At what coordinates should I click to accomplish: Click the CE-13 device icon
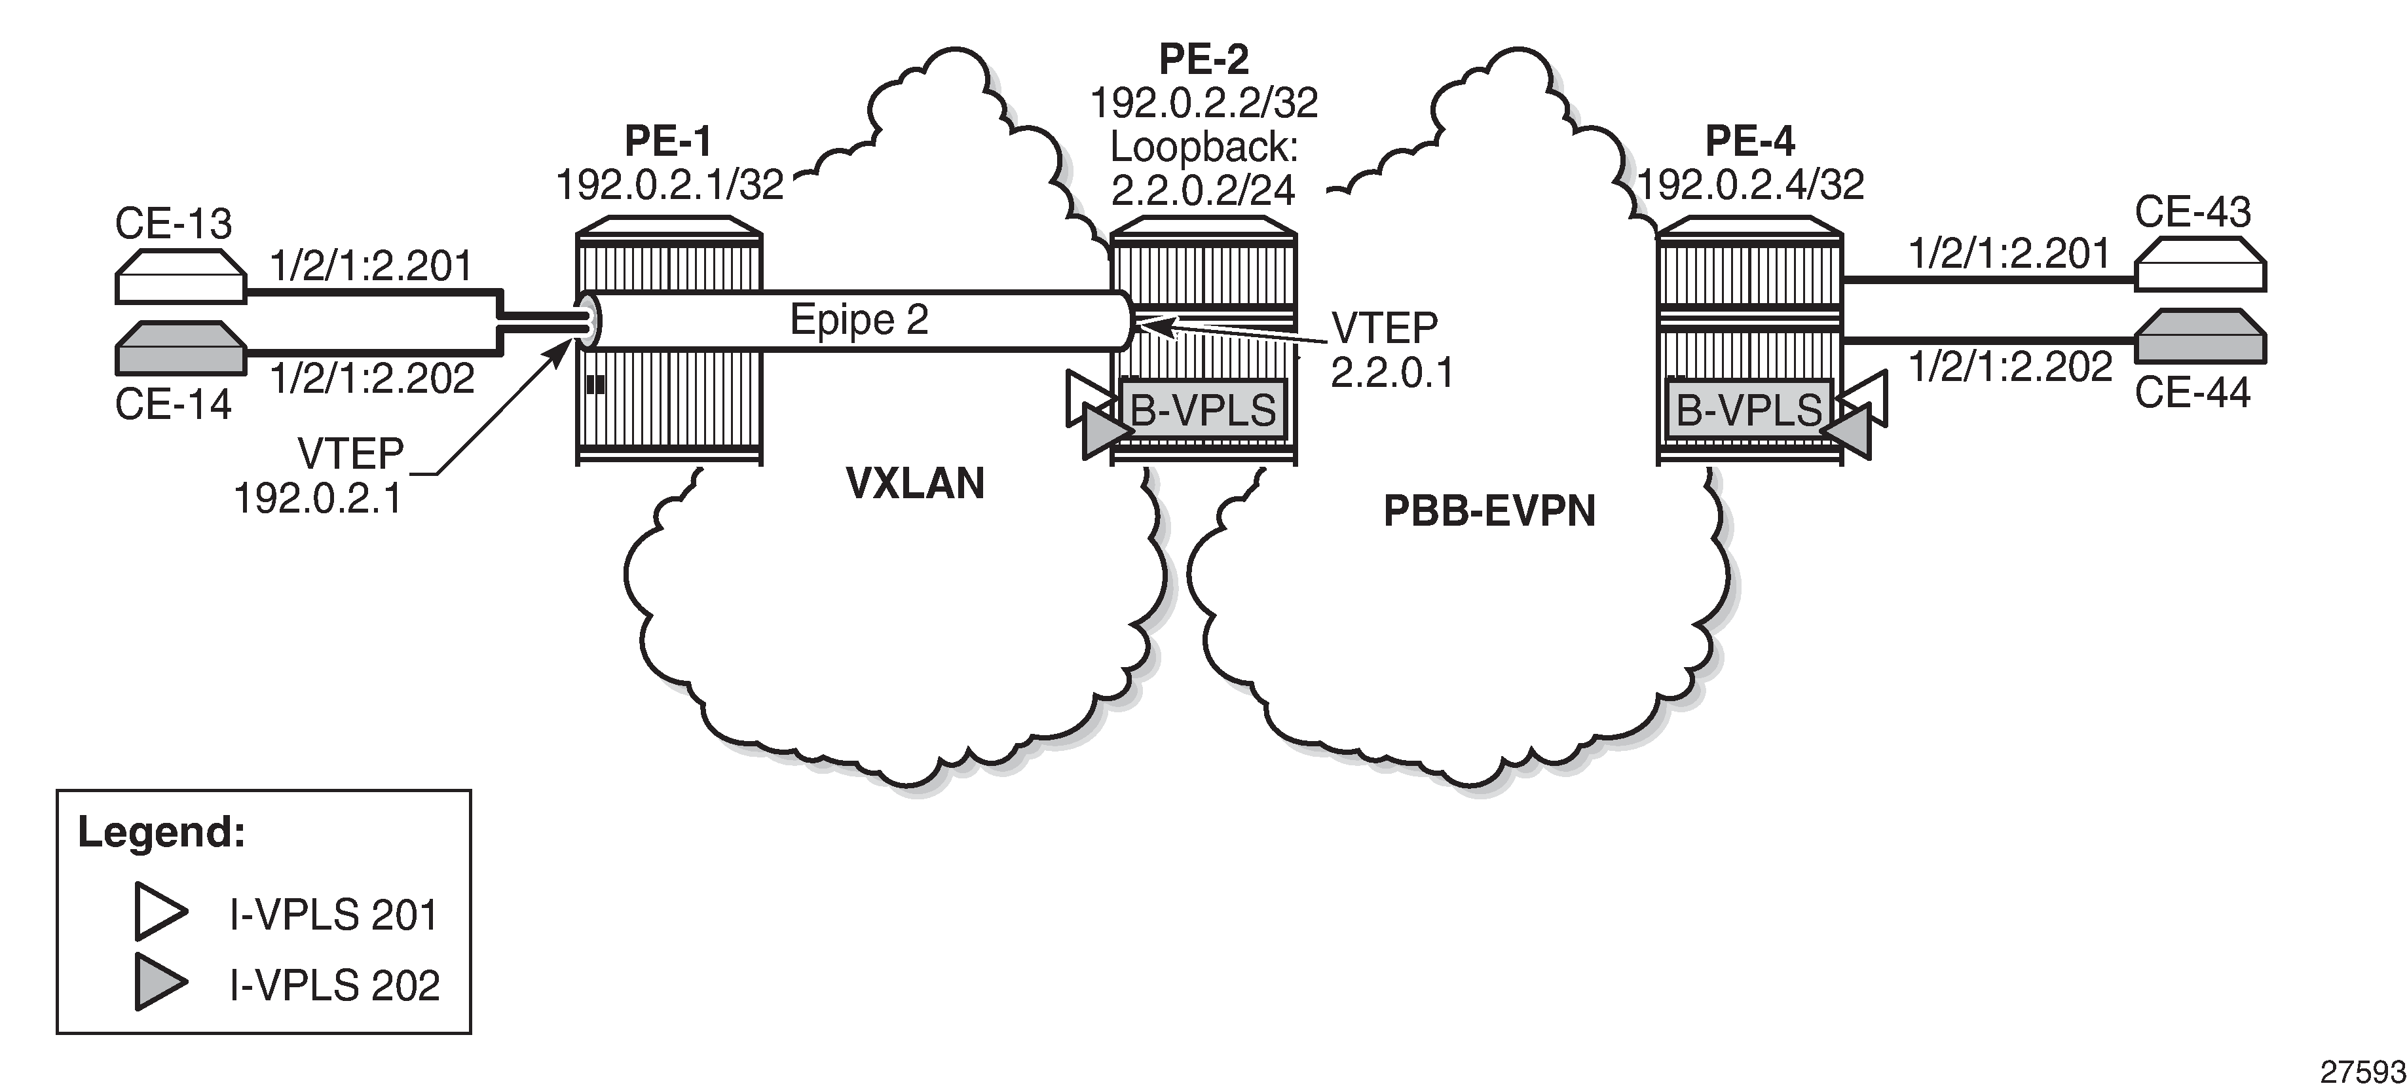click(180, 276)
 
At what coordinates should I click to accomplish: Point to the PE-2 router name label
click(1204, 59)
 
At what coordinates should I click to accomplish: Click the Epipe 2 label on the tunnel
click(859, 319)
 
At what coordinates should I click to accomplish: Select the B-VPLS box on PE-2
click(1204, 409)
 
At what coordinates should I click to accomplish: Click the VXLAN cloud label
click(915, 484)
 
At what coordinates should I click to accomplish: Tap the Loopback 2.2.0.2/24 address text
click(1204, 168)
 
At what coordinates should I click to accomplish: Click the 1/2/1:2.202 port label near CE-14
click(373, 378)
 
